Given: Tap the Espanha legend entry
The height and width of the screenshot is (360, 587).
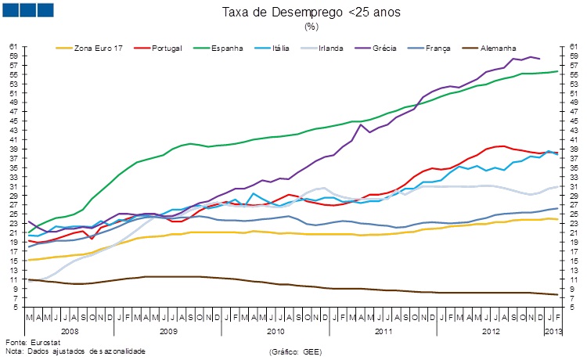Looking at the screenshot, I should pos(228,49).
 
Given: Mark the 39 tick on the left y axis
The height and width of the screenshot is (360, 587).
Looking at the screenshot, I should pos(13,149).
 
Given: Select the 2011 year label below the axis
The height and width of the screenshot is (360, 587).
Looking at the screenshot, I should pos(383,332).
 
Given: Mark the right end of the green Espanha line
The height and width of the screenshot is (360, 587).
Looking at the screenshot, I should pos(558,71).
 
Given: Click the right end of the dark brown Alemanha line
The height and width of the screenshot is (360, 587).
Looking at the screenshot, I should pos(558,294).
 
